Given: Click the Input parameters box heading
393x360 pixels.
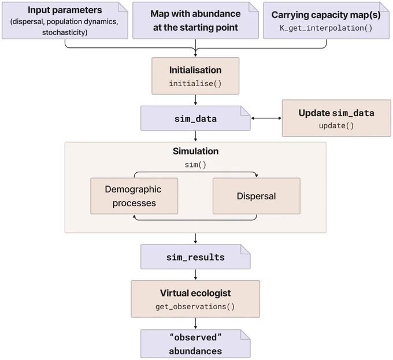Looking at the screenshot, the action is (65, 10).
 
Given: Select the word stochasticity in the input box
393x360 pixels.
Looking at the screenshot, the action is (64, 32).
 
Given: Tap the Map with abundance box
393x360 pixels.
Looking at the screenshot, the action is (195, 21).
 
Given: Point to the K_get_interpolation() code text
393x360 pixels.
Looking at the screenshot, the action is (326, 28).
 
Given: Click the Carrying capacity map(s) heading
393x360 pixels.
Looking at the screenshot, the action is (326, 15).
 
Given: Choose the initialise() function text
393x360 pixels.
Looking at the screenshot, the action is (195, 83).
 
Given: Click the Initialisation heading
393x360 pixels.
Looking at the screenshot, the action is (195, 70).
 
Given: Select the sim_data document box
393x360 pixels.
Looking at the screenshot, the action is (195, 118).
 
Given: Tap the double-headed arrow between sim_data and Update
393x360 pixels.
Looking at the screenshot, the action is (266, 118).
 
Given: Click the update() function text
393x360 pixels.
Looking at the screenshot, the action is (336, 125).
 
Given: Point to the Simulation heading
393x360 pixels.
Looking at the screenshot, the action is (195, 151).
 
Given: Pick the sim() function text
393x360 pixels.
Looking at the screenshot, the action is (195, 165).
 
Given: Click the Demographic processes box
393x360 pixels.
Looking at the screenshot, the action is (134, 196).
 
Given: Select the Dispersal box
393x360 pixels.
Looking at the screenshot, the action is (257, 196).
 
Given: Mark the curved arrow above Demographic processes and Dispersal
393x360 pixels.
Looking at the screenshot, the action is (195, 172).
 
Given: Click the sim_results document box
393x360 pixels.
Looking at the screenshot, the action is (195, 257).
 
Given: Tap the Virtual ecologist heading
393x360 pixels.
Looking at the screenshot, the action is (195, 293).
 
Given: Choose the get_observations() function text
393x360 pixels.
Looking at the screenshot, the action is (195, 307).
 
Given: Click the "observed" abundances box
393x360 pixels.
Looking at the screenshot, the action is (195, 344).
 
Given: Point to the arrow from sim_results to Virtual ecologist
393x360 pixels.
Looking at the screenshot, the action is (195, 274).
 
